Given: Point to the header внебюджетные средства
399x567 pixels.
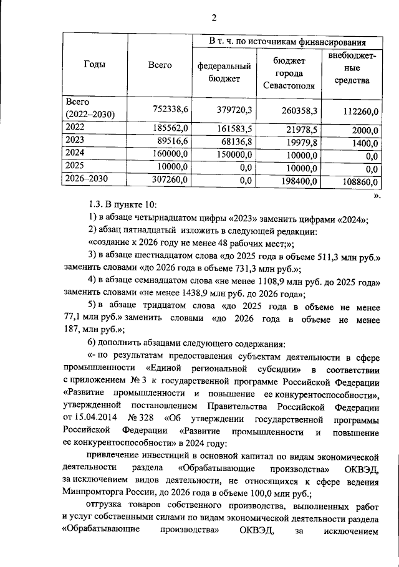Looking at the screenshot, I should point(351,69).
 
